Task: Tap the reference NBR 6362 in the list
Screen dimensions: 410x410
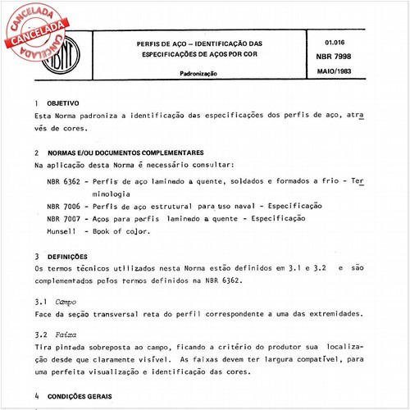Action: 63,180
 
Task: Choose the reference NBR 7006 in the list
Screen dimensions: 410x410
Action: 63,206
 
